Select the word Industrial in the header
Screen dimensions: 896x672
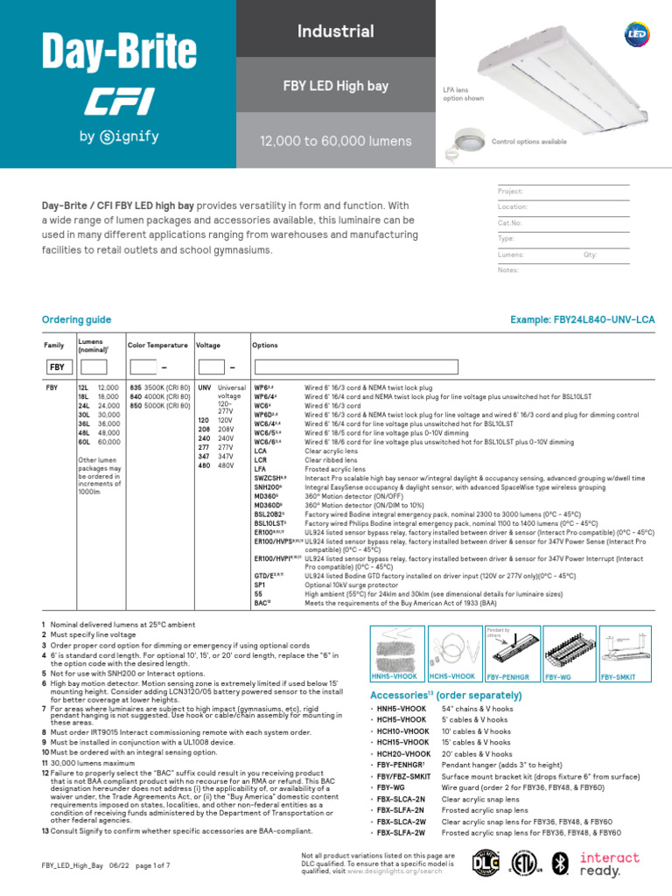336,31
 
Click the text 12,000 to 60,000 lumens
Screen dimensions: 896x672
336,141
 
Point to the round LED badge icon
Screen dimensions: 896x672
635,32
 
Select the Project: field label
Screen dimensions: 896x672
510,191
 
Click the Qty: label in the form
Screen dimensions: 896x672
591,254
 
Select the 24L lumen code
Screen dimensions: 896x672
83,406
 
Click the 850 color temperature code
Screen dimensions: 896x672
136,406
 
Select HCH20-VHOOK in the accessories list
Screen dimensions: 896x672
403,753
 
